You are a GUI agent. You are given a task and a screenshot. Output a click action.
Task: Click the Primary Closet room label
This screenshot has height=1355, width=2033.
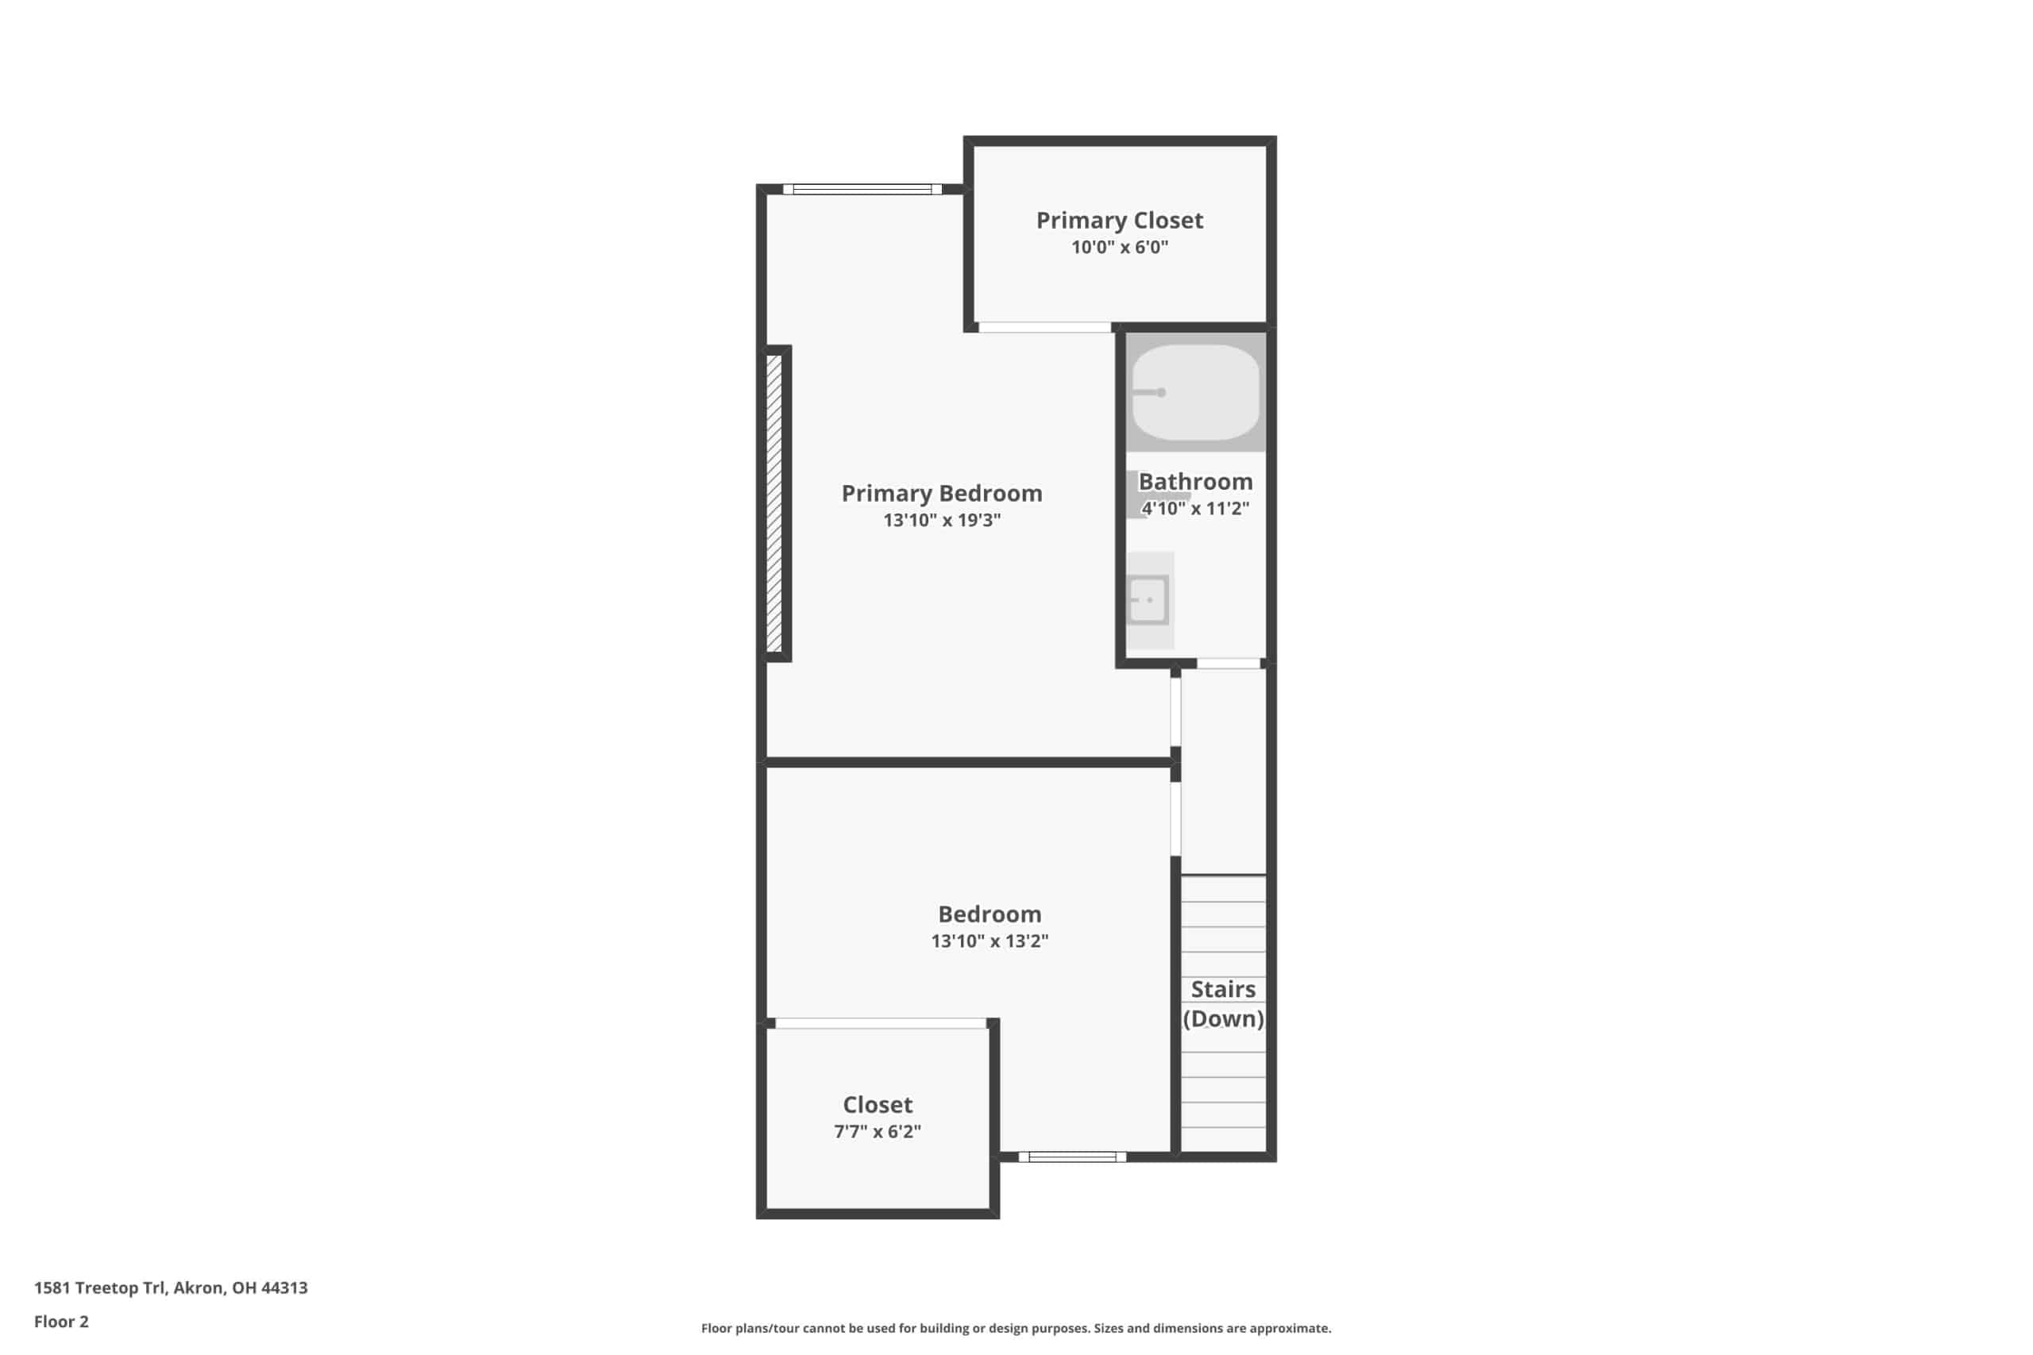click(1120, 221)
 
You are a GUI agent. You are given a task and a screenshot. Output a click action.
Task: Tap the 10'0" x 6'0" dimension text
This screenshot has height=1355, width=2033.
click(1120, 247)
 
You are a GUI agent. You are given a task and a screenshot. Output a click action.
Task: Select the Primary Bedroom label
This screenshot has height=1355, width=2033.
click(941, 494)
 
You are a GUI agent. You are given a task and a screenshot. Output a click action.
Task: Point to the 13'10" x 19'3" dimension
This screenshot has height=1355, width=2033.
click(941, 520)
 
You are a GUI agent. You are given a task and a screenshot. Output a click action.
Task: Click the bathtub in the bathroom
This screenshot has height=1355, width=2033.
click(1195, 392)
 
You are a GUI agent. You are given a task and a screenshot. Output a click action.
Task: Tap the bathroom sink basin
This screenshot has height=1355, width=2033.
click(1149, 600)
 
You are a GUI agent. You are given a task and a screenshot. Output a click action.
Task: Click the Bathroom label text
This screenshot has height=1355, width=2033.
click(1195, 481)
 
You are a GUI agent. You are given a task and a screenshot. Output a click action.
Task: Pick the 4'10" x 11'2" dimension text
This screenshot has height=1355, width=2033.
click(1195, 508)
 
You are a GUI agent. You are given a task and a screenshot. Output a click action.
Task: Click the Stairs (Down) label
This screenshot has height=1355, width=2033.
click(1223, 1003)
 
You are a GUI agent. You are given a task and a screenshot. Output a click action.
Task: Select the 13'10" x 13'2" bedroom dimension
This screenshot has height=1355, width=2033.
click(989, 941)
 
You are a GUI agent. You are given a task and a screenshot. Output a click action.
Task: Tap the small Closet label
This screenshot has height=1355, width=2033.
click(878, 1104)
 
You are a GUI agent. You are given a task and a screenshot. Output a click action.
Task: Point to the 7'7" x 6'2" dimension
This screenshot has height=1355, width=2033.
click(878, 1131)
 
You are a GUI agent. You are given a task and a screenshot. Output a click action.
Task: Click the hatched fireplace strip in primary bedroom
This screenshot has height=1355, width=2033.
click(774, 504)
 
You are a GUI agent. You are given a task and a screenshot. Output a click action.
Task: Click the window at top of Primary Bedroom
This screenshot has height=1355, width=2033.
click(862, 189)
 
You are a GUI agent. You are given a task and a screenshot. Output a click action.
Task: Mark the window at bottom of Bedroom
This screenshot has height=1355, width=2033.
click(1072, 1157)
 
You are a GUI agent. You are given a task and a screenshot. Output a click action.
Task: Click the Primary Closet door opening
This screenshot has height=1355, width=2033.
click(1044, 328)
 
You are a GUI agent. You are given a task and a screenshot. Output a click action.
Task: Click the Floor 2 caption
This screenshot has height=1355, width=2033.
click(61, 1322)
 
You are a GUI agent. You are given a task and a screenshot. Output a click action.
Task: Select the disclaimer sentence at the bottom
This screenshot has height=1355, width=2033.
click(1016, 1328)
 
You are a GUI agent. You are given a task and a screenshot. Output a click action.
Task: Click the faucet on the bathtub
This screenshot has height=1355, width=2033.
click(1150, 392)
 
